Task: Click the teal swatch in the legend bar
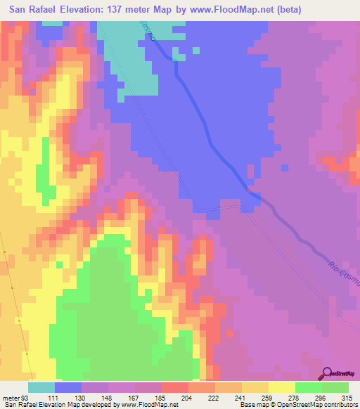[x=41, y=387]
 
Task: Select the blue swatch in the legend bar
[x=68, y=387]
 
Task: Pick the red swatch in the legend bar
[x=174, y=387]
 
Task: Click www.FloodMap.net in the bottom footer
[x=148, y=405]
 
